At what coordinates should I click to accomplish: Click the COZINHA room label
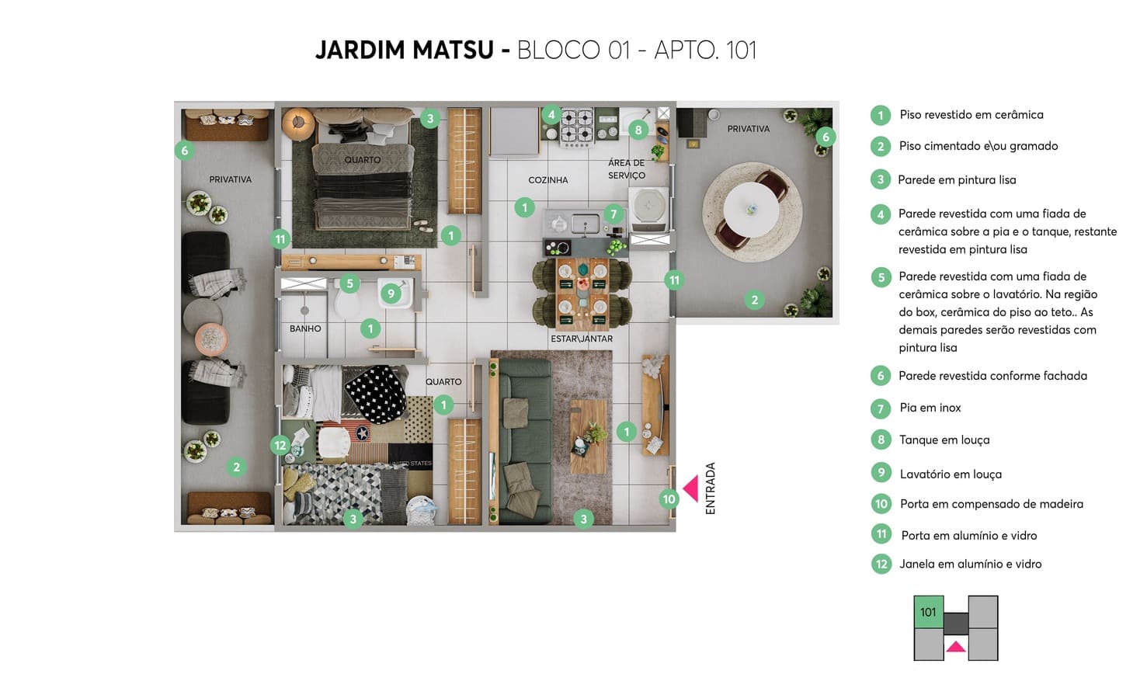(x=548, y=180)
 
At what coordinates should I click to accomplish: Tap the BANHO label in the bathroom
(x=305, y=328)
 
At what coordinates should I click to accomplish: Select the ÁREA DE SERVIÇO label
(x=626, y=169)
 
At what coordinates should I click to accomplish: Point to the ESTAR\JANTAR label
(x=582, y=339)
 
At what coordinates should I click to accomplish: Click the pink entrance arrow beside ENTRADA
(x=692, y=488)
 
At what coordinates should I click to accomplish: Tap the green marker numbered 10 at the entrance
(x=669, y=499)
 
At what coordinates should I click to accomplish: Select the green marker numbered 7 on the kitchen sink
(x=613, y=214)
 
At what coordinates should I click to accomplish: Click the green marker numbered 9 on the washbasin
(x=391, y=294)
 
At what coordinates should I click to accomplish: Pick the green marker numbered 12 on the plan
(x=280, y=446)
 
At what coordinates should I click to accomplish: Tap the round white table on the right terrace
(x=751, y=209)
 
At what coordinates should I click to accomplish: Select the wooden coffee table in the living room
(x=589, y=436)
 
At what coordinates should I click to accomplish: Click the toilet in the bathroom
(x=346, y=302)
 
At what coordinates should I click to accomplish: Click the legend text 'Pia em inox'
(x=930, y=408)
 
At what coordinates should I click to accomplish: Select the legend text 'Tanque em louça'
(x=944, y=440)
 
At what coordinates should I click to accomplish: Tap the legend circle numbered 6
(x=881, y=376)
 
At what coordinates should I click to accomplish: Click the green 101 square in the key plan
(x=928, y=612)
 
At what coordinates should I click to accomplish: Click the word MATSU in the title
(x=454, y=50)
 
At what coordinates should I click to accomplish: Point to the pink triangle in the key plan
(x=955, y=647)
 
